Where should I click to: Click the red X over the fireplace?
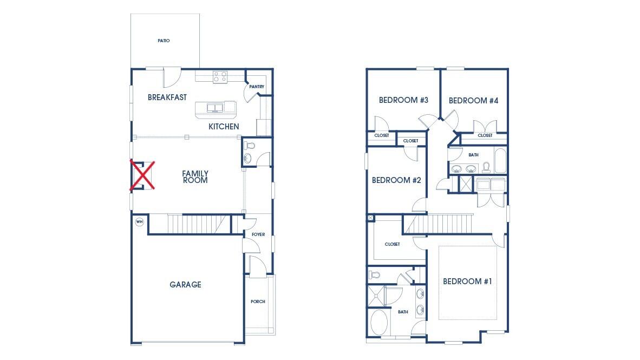click(142, 175)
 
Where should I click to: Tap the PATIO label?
click(164, 41)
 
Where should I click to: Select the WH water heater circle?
click(139, 221)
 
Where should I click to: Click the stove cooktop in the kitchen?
click(219, 77)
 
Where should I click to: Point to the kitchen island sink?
click(215, 108)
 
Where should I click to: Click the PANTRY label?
click(256, 87)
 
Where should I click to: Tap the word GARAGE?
click(185, 285)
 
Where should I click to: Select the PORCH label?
click(258, 302)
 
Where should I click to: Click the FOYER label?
click(258, 234)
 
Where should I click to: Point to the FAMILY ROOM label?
click(195, 177)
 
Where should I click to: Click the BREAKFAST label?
click(167, 97)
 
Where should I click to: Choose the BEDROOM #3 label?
click(403, 100)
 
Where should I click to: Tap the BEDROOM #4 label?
click(473, 101)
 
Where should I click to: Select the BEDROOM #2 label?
click(396, 180)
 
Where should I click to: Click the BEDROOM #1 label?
click(467, 282)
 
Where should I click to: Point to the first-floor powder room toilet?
click(250, 146)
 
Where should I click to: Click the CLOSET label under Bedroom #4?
click(485, 135)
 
